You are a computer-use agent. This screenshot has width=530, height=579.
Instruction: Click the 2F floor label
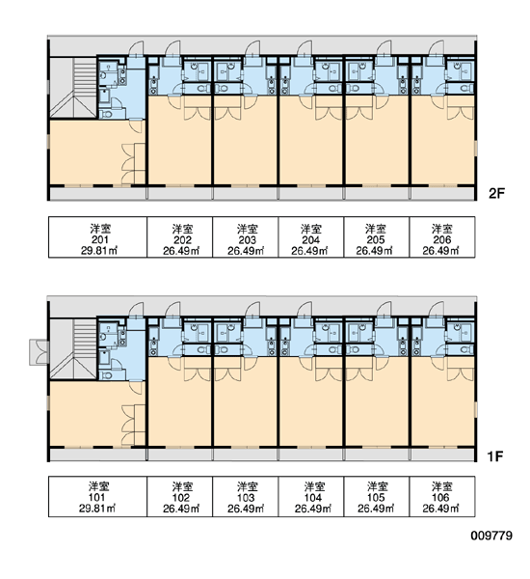[496, 193]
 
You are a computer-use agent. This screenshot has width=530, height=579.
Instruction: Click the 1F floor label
[495, 456]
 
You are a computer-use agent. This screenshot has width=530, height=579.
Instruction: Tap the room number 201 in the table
[99, 240]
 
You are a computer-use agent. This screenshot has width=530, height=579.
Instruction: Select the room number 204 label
[311, 240]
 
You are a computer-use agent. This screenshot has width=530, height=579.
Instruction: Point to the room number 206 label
[442, 240]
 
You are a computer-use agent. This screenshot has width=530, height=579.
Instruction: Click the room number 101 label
[97, 497]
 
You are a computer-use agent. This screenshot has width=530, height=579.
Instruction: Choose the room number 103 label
[246, 497]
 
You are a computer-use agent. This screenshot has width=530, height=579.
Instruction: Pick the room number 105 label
[376, 497]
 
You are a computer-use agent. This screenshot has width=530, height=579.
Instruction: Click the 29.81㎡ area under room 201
[99, 251]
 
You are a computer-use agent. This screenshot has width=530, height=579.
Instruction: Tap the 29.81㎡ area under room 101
[97, 509]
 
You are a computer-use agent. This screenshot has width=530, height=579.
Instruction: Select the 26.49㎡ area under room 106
[440, 509]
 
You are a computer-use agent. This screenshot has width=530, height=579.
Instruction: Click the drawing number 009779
[491, 536]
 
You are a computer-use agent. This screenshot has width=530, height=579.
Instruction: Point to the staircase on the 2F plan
[73, 88]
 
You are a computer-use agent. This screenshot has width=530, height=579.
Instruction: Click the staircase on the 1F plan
[73, 348]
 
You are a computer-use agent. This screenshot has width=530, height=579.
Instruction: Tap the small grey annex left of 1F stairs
[40, 352]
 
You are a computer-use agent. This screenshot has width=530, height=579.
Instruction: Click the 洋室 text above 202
[182, 229]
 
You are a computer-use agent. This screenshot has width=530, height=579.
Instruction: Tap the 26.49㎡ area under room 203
[246, 251]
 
